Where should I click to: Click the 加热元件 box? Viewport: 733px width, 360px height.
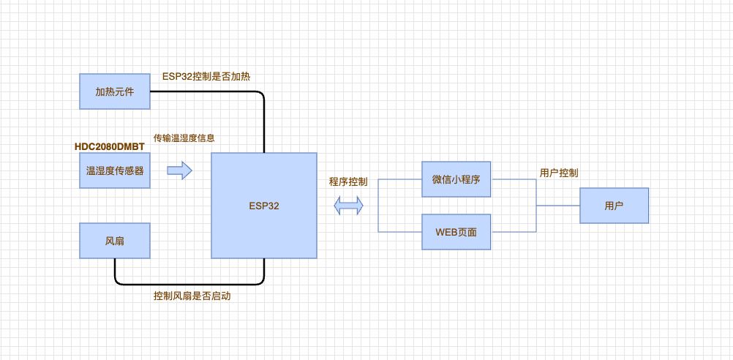(115, 91)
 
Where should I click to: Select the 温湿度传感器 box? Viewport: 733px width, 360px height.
(115, 170)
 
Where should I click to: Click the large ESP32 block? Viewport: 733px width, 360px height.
(264, 206)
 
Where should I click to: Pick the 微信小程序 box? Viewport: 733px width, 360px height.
(456, 179)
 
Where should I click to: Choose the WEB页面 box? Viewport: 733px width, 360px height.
(456, 232)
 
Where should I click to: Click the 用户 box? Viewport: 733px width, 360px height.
(614, 206)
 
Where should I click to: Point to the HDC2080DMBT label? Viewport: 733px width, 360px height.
(110, 146)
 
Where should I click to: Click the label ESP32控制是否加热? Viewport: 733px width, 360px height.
(207, 76)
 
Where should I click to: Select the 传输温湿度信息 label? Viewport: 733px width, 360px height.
(184, 138)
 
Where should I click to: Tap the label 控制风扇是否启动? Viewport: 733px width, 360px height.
(197, 296)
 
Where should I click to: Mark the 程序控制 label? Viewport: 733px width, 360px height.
(348, 181)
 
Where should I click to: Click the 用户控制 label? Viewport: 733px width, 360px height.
(559, 173)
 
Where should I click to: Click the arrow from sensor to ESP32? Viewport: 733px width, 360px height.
(179, 171)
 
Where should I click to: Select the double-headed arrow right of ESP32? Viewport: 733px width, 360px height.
(349, 206)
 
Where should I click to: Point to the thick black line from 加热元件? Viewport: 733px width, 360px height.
(219, 91)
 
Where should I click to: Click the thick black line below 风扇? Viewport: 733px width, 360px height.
(190, 282)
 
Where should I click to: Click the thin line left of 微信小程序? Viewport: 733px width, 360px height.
(399, 179)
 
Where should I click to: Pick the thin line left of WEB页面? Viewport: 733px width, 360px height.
(399, 232)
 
